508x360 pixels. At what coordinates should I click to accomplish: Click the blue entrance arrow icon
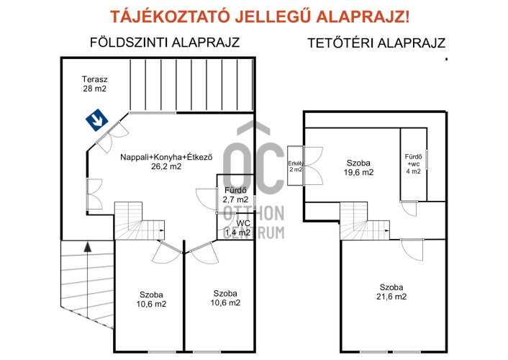click(97, 120)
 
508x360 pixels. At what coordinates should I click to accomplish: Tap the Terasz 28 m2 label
click(94, 84)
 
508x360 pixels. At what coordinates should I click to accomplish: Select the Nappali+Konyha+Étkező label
click(166, 157)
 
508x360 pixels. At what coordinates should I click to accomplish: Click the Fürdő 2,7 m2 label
click(235, 194)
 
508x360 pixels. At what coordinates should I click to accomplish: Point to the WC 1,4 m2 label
click(238, 228)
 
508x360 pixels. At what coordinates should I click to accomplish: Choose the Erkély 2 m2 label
click(296, 166)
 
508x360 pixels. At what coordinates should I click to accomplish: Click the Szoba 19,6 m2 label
click(358, 167)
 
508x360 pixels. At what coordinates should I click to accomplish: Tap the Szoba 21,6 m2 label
click(391, 292)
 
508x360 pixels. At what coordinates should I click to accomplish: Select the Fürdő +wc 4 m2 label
click(414, 163)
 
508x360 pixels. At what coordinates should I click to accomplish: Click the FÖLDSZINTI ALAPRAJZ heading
click(165, 42)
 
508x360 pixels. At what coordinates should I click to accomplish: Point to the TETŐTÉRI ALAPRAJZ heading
click(376, 43)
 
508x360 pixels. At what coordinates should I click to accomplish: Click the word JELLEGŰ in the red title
click(273, 17)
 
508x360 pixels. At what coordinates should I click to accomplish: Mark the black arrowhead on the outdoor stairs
click(87, 246)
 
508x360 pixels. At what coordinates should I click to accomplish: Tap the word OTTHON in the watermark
click(254, 213)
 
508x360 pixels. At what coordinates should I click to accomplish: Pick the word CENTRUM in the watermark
click(254, 233)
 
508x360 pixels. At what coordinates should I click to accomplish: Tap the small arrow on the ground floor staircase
click(162, 230)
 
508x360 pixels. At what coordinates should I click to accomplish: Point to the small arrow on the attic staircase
click(387, 230)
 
